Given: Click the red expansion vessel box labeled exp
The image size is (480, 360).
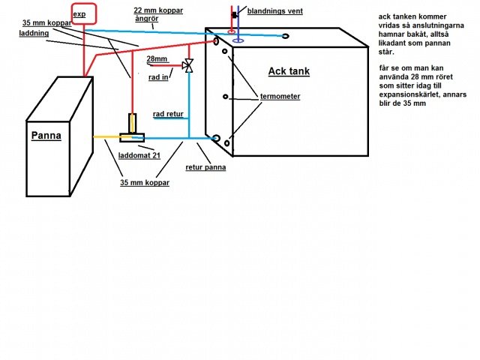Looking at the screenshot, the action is [x=84, y=4].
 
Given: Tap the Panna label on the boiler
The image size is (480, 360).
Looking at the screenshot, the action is [x=46, y=135].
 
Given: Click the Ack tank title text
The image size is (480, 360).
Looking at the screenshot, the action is [x=289, y=71].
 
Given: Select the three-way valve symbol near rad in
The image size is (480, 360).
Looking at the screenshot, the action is [x=187, y=65].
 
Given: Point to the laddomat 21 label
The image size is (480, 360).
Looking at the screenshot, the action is [x=139, y=155].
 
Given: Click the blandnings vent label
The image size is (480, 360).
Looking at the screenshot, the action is [x=275, y=11].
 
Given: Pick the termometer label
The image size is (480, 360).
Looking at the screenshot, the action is [x=280, y=97].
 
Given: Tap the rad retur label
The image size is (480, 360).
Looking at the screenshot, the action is [x=168, y=114].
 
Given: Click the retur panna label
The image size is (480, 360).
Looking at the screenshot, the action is [x=205, y=167].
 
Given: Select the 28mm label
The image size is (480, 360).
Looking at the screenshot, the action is [x=157, y=58].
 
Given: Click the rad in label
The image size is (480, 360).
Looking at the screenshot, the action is [x=158, y=77].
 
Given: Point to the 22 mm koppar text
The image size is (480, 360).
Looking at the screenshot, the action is [x=158, y=10].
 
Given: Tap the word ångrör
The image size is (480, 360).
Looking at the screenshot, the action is [x=147, y=19].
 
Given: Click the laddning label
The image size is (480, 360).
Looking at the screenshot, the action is [x=34, y=33].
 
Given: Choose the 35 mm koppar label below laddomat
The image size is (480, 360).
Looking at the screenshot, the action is [x=145, y=183].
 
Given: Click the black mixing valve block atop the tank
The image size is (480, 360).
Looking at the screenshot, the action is [x=235, y=15].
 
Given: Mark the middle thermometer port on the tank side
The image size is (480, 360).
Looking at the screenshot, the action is [x=225, y=97].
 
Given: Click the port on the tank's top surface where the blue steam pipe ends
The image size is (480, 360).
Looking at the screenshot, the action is [x=285, y=36].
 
